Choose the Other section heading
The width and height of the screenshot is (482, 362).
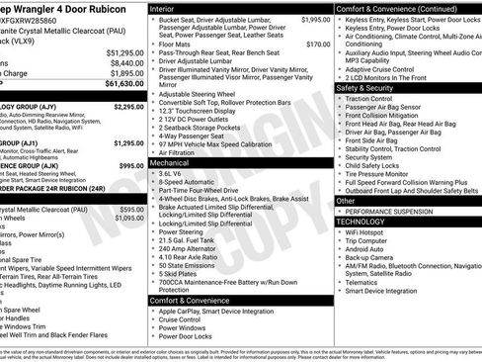[345, 200]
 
